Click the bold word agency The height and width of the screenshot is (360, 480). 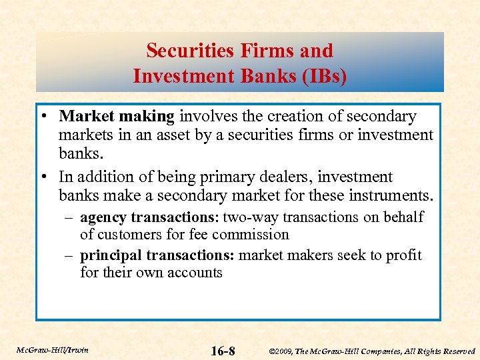103,217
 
